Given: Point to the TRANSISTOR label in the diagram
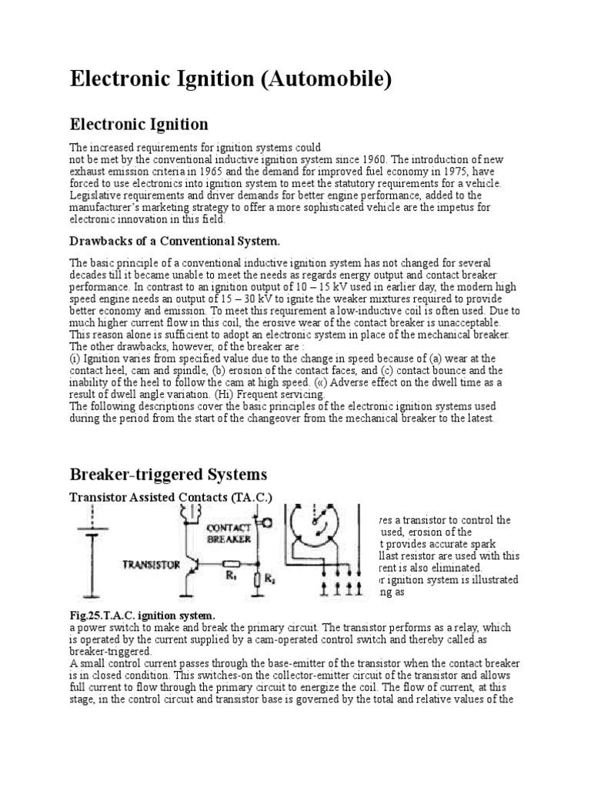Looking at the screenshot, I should point(152,564).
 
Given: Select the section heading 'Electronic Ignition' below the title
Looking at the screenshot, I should point(139,124).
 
